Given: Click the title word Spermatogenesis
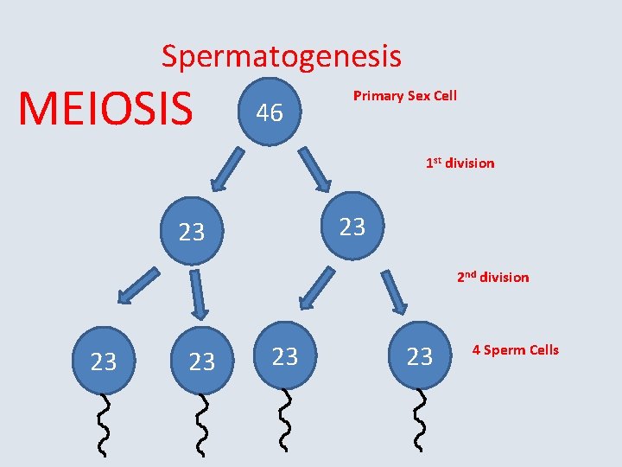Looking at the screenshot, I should coord(281,57).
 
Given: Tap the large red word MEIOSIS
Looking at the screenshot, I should coord(105,108).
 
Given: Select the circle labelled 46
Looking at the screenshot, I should coord(270,111).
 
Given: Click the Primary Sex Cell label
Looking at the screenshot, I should coord(404,95).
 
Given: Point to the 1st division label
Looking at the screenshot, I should coord(459,163).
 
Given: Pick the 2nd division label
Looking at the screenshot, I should coord(492,277).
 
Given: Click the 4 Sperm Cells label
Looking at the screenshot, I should coord(515,349).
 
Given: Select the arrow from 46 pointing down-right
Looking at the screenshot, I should coord(314,170).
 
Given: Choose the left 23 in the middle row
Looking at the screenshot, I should coord(192,232).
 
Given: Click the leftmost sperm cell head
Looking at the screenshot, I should coord(104,361).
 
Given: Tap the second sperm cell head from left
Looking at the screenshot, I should coord(201,361).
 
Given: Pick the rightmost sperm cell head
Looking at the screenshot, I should coord(420,355).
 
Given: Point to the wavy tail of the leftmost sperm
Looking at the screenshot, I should coord(105,424).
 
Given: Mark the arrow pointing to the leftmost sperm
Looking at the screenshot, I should coord(138,286).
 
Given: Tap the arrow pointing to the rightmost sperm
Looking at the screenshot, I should coord(394,290).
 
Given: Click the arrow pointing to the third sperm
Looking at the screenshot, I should coord(316,287).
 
